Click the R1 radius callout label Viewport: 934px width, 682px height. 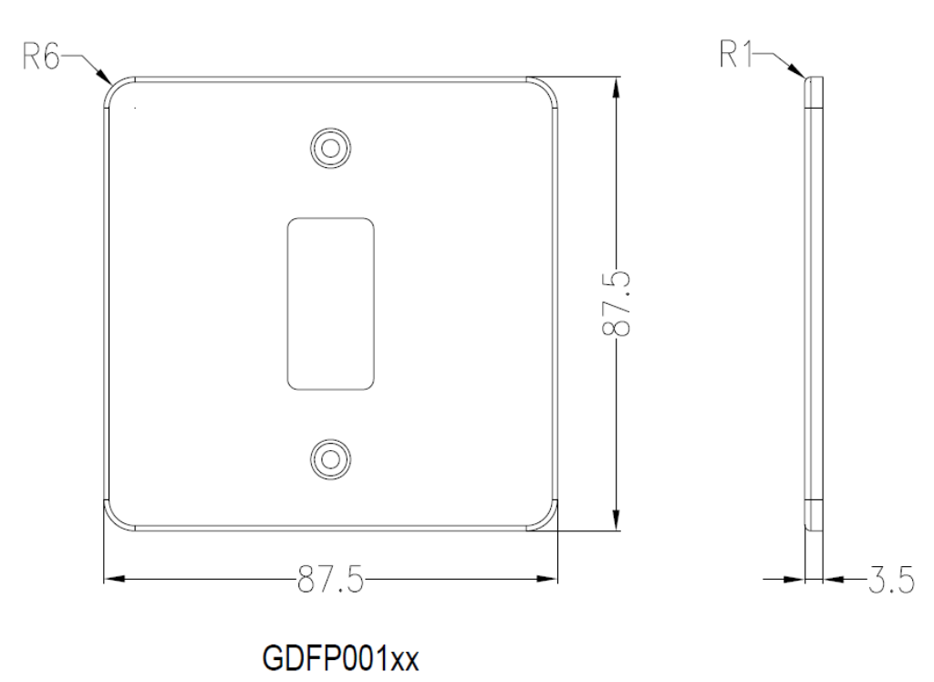point(740,57)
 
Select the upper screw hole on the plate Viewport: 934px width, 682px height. point(330,145)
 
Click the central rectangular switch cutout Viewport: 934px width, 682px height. point(330,301)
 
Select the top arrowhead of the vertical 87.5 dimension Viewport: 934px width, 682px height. point(618,85)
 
